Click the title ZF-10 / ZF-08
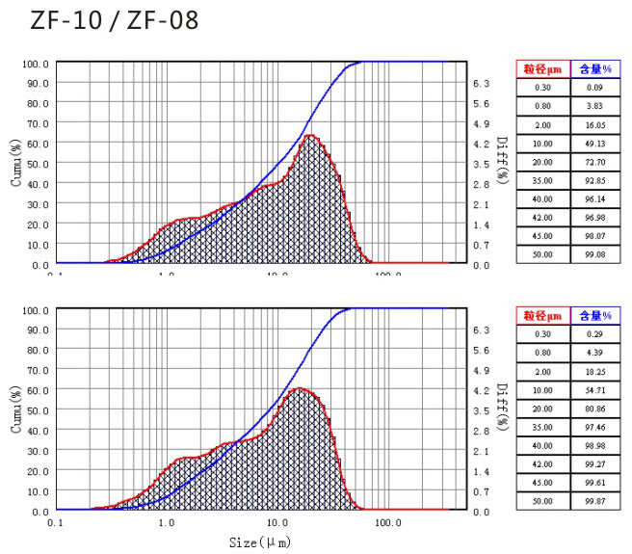pos(114,19)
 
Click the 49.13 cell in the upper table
pos(593,143)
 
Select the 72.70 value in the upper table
pos(593,161)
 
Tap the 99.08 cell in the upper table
pos(593,253)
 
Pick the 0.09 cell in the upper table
pos(593,87)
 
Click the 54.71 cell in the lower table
pos(593,390)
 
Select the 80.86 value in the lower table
pos(593,409)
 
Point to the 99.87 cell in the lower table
pos(593,501)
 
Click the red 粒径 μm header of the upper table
pos(542,68)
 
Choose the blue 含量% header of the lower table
pos(593,315)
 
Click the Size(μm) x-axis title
pos(260,542)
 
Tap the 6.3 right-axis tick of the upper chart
pos(482,84)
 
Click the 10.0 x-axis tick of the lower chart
pos(277,523)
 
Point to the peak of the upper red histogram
pos(310,136)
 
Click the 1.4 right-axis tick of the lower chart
pos(482,471)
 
